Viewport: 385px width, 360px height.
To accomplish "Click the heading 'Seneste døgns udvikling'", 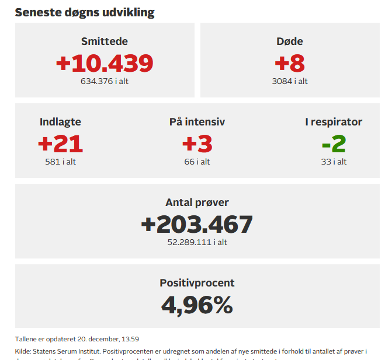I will point(85,12).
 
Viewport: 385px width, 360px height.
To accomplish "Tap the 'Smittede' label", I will point(105,41).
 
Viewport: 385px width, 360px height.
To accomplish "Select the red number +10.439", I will point(105,63).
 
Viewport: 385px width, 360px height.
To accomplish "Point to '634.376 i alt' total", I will point(105,81).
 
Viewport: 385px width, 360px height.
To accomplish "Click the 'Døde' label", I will point(290,41).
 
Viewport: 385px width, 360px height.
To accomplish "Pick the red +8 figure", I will point(290,63).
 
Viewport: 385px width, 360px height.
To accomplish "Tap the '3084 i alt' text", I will point(290,81).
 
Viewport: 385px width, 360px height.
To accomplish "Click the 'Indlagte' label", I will point(60,122).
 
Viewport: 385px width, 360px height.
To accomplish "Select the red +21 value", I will point(60,144).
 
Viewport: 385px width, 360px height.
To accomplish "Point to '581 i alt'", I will point(60,162).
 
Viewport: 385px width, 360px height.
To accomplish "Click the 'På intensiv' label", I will point(197,122).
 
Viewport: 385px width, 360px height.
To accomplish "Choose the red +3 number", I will point(197,144).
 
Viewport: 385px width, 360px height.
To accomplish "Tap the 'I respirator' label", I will point(334,122).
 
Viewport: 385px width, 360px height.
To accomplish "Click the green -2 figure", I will point(334,144).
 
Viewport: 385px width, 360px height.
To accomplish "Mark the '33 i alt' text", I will point(334,162).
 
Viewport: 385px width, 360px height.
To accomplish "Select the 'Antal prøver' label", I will point(197,202).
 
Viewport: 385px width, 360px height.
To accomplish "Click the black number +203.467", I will point(197,224).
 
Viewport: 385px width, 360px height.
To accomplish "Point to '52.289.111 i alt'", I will point(197,242).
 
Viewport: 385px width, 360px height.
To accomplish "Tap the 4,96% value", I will point(197,305).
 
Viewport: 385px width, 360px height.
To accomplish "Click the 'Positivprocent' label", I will point(197,283).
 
